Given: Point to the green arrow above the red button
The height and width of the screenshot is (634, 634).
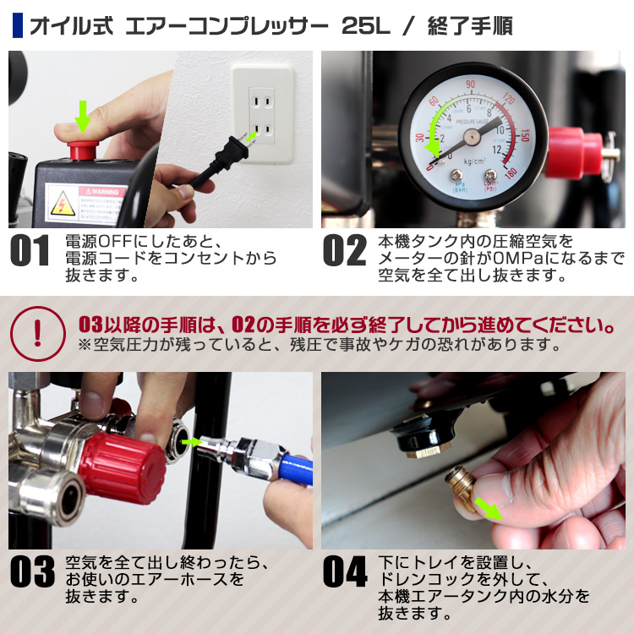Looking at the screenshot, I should [x=82, y=117].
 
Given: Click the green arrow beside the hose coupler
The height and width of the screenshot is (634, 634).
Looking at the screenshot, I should [x=194, y=440].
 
